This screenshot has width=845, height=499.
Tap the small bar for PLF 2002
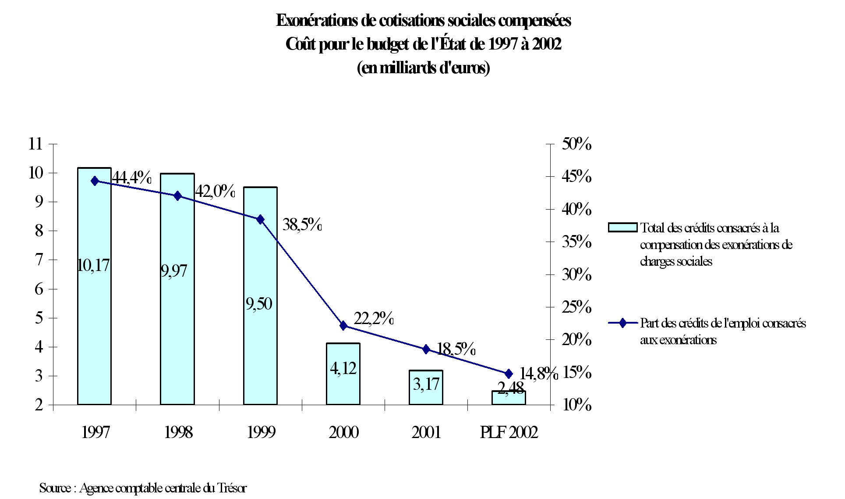pos(509,398)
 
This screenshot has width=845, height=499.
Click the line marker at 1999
pos(260,219)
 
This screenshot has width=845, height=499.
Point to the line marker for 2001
pos(426,349)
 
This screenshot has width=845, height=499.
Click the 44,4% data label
pos(131,178)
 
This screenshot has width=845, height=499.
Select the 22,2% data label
pos(373,318)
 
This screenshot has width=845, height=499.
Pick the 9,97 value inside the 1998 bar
pos(174,271)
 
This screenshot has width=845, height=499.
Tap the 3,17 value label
pos(426,384)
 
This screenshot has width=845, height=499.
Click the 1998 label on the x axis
pos(178,432)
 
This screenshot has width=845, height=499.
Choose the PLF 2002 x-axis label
pos(509,432)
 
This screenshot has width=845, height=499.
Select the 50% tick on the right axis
pos(576,143)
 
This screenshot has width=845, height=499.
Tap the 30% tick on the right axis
pos(576,274)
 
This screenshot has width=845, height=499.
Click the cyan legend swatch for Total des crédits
pos(622,228)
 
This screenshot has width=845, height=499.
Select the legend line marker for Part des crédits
pos(622,323)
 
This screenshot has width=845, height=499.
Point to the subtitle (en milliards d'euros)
pos(423,68)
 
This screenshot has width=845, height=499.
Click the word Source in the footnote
pos(55,488)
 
